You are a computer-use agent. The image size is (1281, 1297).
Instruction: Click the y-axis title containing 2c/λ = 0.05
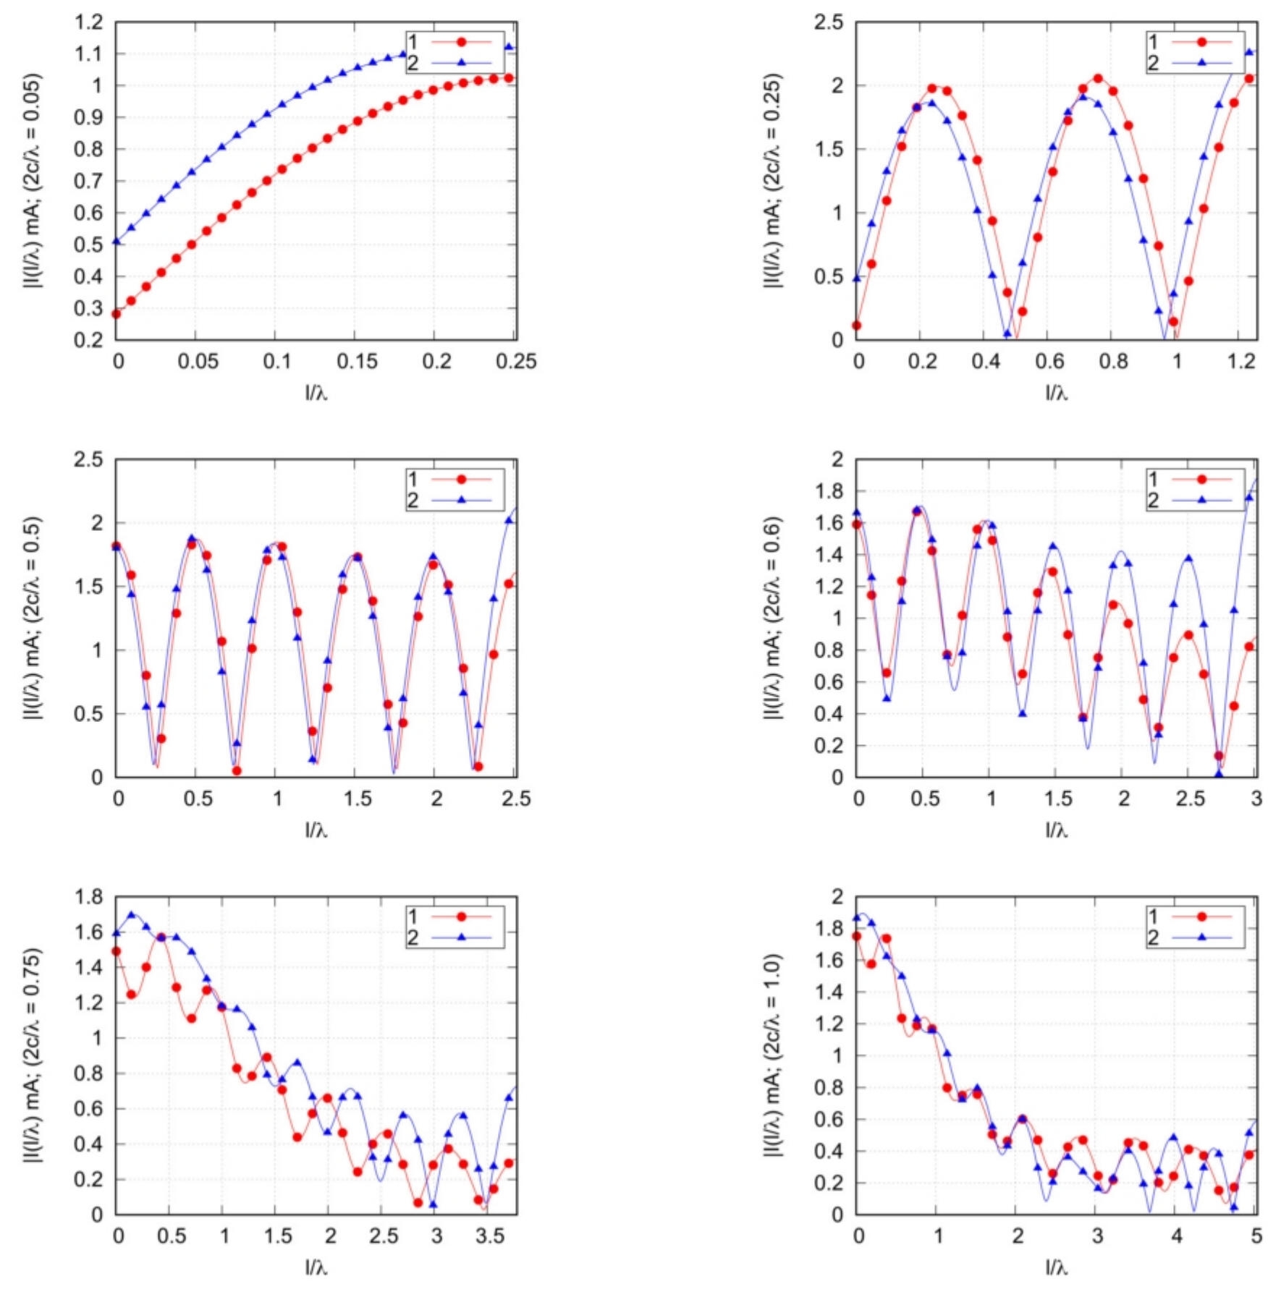coord(33,180)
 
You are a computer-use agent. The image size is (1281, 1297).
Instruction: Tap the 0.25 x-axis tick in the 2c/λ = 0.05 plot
coord(516,361)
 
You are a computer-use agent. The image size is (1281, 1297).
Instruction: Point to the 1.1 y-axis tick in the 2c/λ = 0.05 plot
coord(89,54)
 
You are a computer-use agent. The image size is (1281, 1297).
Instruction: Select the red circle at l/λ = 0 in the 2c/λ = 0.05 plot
coord(116,314)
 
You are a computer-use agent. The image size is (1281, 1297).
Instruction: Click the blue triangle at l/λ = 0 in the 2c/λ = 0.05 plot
coord(116,241)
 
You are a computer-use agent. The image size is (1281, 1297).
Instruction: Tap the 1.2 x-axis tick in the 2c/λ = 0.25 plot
coord(1242,361)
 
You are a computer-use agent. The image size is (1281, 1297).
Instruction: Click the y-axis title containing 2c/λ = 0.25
coord(773,180)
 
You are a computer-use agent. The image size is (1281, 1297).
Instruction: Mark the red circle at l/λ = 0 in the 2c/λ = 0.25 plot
coord(857,326)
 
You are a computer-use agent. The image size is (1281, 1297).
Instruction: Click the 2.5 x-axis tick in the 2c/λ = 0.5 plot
coord(516,799)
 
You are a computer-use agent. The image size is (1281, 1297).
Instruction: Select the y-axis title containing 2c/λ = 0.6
coord(773,618)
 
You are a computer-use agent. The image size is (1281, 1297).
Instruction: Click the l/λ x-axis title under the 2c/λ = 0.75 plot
coord(316,1267)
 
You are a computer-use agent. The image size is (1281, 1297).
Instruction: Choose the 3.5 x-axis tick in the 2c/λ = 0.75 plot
coord(490,1236)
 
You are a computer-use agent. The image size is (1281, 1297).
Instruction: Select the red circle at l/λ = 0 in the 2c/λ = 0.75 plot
coord(116,951)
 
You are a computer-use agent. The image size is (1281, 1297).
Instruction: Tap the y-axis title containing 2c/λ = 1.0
coord(773,1055)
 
